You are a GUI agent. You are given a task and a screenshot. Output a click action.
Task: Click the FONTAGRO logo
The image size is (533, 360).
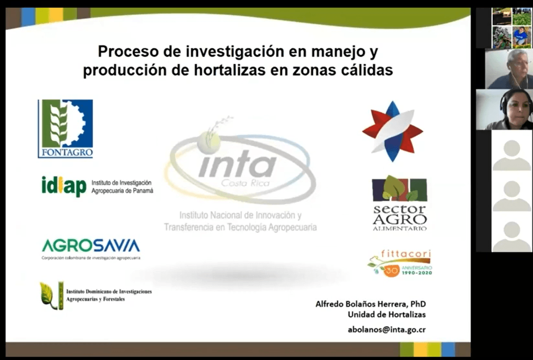[x=65, y=128]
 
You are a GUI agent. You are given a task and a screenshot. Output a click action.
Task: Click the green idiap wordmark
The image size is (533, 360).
[x=64, y=186]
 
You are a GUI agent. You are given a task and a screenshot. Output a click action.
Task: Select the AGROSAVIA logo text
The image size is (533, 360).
[x=91, y=246]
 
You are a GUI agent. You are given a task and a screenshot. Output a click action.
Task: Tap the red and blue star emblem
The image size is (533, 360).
[x=392, y=131]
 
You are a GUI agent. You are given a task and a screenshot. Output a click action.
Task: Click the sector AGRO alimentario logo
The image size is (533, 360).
[x=399, y=203]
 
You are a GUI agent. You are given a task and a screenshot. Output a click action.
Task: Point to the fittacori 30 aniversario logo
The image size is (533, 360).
[x=400, y=263]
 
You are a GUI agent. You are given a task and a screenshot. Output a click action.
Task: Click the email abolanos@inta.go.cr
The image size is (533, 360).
[x=387, y=329]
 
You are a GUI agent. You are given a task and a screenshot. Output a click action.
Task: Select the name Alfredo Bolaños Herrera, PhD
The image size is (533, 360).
[x=371, y=304]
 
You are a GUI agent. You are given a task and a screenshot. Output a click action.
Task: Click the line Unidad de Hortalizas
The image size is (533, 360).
[x=387, y=314]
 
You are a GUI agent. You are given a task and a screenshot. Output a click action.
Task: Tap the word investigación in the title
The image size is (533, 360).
[x=231, y=52]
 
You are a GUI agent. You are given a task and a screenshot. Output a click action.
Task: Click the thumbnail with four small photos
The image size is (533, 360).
[x=511, y=28]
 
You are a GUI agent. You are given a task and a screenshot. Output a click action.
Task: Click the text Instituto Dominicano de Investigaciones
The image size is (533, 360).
[x=109, y=292]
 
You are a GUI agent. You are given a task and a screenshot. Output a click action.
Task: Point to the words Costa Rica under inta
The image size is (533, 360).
[x=245, y=183]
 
